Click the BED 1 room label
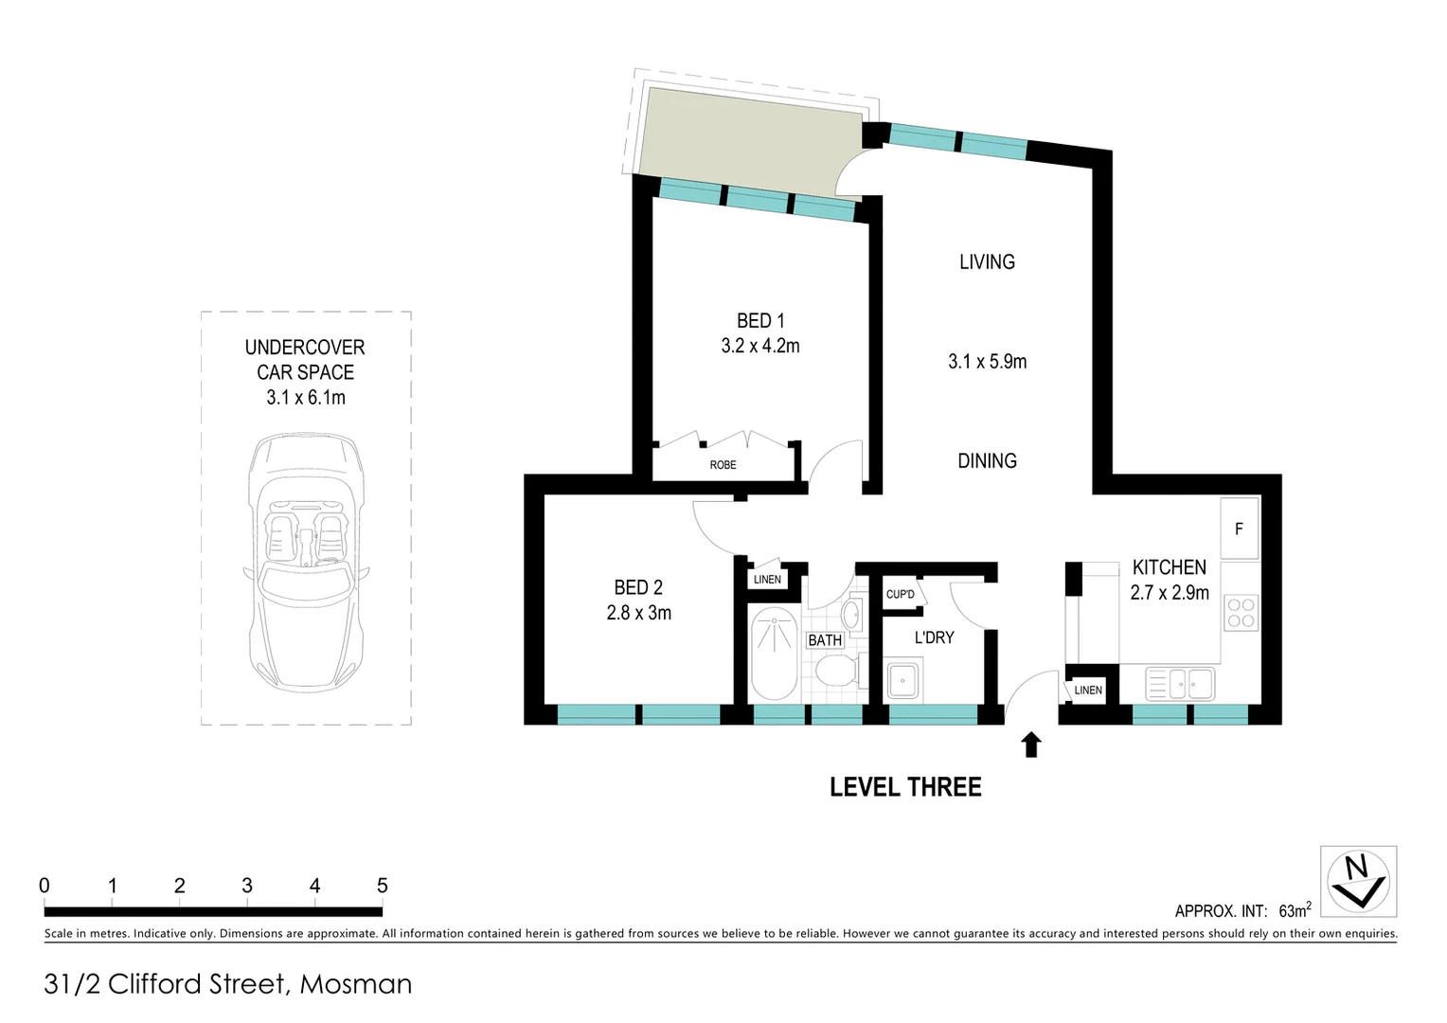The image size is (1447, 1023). pyautogui.click(x=760, y=321)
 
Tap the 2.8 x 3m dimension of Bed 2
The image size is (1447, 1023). pyautogui.click(x=638, y=613)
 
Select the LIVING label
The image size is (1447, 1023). pyautogui.click(x=987, y=262)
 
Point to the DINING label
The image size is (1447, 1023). pyautogui.click(x=987, y=461)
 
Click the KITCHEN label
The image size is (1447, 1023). pyautogui.click(x=1169, y=567)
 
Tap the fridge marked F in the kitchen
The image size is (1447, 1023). pyautogui.click(x=1239, y=529)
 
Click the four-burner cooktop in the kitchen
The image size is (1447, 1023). pyautogui.click(x=1240, y=613)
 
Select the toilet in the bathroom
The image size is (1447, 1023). pyautogui.click(x=835, y=673)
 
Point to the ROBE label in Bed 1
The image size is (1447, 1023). pyautogui.click(x=723, y=465)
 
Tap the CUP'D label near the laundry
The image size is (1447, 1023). pyautogui.click(x=900, y=595)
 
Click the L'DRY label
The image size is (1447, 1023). pyautogui.click(x=934, y=637)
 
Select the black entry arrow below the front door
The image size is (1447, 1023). pyautogui.click(x=1031, y=745)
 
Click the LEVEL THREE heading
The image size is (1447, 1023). pyautogui.click(x=905, y=787)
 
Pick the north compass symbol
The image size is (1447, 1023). pyautogui.click(x=1358, y=881)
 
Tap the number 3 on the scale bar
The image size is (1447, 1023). pyautogui.click(x=247, y=886)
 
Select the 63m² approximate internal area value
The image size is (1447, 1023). pyautogui.click(x=1294, y=910)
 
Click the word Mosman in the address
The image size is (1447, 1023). pyautogui.click(x=356, y=984)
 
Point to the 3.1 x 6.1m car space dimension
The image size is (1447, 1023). pyautogui.click(x=305, y=398)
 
